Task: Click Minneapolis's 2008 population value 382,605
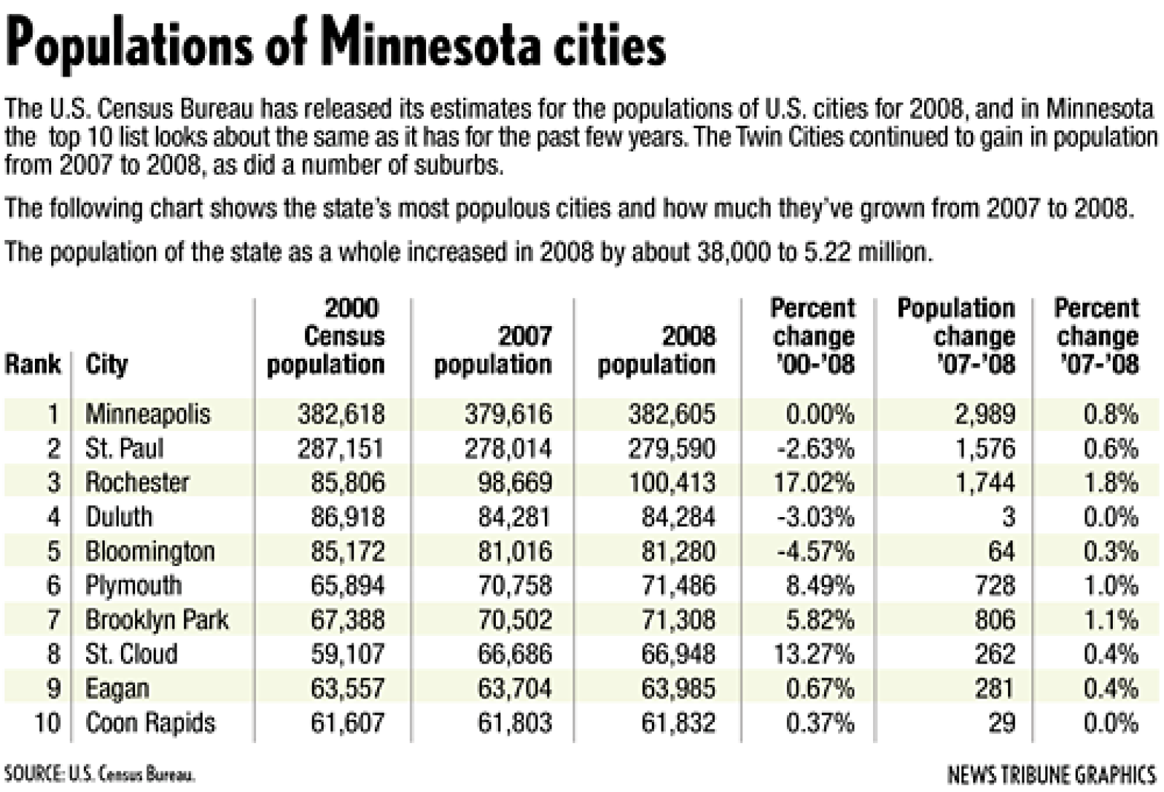click(672, 414)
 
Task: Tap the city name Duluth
click(119, 517)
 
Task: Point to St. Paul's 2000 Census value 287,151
click(341, 449)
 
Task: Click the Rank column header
click(33, 364)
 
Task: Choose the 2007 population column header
click(493, 350)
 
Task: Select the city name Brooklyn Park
click(157, 620)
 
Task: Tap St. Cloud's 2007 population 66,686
click(514, 654)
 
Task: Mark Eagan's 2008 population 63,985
click(678, 688)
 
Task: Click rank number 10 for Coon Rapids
click(47, 722)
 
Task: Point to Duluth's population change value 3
click(1007, 517)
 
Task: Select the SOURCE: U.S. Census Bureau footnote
click(99, 774)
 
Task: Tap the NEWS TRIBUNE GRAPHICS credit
click(1051, 774)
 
